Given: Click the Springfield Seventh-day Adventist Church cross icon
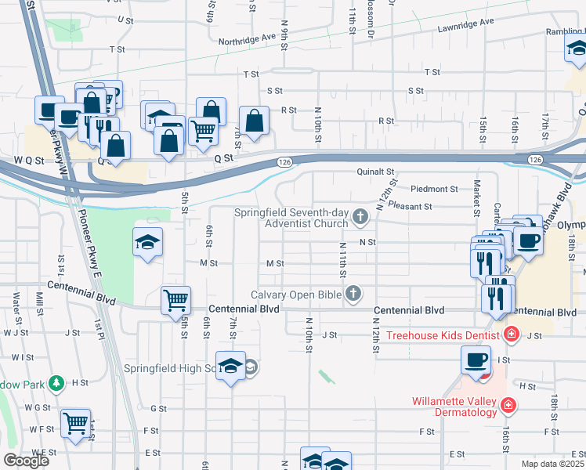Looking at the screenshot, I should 360,216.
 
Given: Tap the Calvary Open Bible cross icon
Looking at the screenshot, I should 353,295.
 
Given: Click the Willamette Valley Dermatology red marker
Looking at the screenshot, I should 508,405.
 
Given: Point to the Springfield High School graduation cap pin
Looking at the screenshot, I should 231,367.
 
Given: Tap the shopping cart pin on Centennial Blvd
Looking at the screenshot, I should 175,301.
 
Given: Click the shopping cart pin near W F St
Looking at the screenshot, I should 75,425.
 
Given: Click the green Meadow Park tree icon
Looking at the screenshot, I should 56,383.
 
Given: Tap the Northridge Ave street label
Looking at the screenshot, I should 247,38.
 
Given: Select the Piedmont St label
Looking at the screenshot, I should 434,189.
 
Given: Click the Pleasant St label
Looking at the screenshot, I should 411,207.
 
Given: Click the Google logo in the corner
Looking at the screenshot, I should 26,461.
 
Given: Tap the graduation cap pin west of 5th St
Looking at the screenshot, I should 147,244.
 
